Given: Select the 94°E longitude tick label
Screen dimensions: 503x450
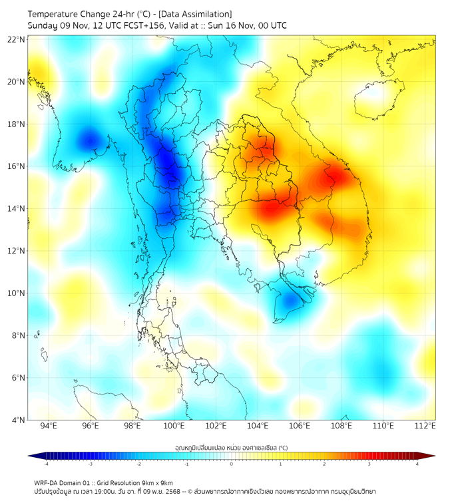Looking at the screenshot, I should point(49,426).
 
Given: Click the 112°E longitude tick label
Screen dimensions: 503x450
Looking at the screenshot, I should point(425,426).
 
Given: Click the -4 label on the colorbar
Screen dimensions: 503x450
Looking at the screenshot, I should point(45,464).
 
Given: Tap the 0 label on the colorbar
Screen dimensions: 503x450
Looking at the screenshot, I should point(232,464).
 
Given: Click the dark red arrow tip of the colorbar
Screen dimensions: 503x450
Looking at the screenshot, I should point(431,456).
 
